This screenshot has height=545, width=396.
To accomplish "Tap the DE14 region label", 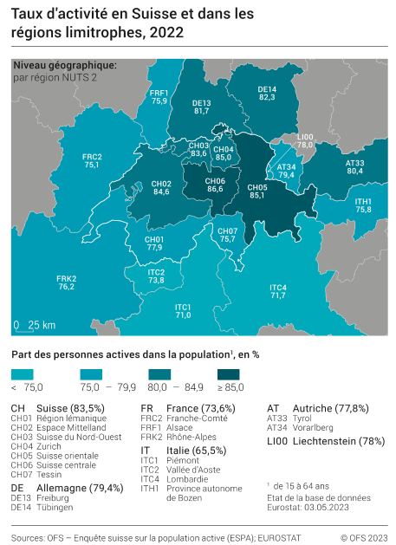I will point(267,94).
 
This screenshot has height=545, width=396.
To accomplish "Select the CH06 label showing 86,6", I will point(216,185).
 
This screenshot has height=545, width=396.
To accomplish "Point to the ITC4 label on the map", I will point(277,291).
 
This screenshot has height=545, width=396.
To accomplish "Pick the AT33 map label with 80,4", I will point(354,167).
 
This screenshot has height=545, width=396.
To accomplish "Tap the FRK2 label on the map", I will point(66,282).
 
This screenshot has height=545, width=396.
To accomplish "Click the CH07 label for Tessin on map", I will point(228,235).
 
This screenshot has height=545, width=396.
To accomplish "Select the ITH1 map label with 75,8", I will point(363,205).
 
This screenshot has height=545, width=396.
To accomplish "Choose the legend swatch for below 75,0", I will point(23,373).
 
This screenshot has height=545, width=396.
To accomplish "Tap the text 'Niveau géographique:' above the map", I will point(64,65).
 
